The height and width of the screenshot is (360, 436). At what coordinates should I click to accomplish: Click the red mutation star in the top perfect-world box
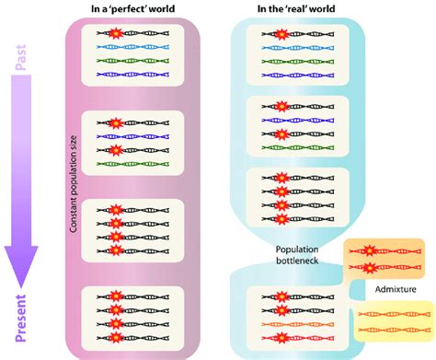[116, 33]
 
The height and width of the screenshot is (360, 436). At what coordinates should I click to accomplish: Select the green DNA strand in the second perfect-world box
[138, 160]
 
